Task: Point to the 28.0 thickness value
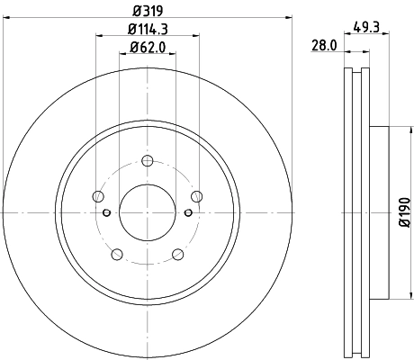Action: pyautogui.click(x=323, y=45)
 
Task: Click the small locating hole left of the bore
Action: pyautogui.click(x=107, y=212)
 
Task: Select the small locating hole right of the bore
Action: pyautogui.click(x=186, y=212)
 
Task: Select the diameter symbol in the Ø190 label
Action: pyautogui.click(x=404, y=229)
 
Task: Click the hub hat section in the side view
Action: pyautogui.click(x=378, y=212)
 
